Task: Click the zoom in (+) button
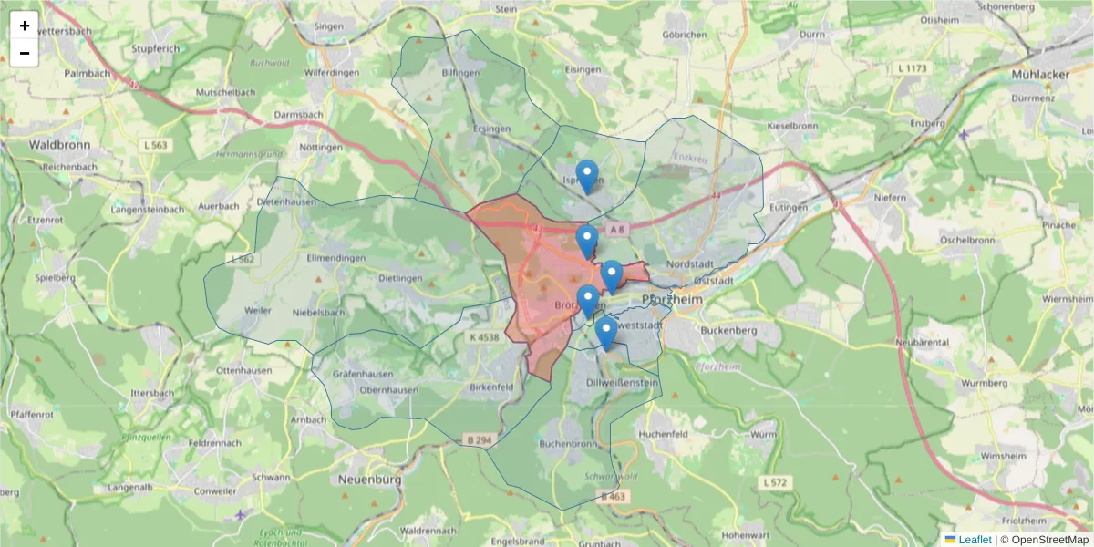coord(25,26)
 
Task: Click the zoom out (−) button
coord(25,53)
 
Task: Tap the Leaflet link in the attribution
coord(974,540)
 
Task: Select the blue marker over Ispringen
coord(587,176)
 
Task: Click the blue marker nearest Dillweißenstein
coord(605,333)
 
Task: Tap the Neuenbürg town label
coord(370,478)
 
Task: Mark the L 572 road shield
coord(776,481)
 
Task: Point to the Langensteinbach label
coord(147,210)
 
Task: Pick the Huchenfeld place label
coord(663,434)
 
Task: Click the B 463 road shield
coord(614,497)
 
